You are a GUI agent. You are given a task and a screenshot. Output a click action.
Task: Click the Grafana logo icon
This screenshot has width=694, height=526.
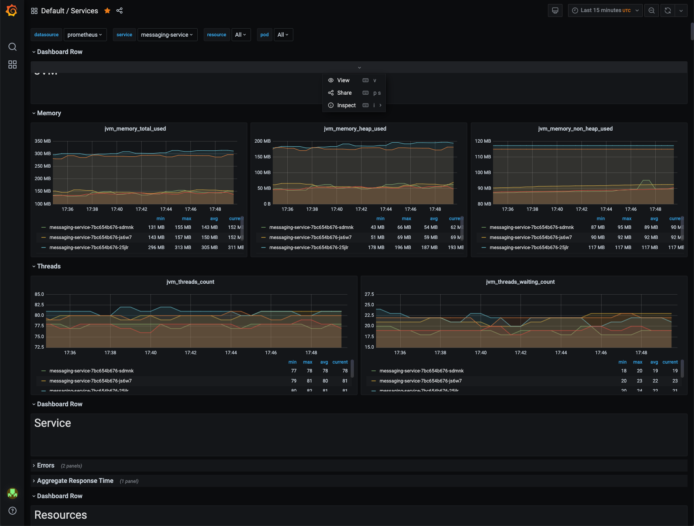12,10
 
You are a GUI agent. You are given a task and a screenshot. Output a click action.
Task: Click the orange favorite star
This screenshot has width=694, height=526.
107,11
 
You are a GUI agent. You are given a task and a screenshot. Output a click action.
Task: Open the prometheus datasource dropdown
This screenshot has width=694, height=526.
85,35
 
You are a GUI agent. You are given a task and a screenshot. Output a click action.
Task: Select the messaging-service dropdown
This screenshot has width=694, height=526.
167,35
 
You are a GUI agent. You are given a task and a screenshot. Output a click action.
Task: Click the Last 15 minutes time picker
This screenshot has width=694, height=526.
605,10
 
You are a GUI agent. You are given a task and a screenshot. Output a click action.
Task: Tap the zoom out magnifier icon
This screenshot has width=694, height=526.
651,10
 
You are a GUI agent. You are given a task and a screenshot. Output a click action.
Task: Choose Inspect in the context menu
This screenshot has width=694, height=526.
346,105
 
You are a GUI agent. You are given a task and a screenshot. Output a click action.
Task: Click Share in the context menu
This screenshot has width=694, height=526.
344,93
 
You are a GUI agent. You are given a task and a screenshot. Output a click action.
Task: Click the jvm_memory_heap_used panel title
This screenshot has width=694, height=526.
355,129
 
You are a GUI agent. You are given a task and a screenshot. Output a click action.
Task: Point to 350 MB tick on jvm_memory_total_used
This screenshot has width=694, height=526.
43,141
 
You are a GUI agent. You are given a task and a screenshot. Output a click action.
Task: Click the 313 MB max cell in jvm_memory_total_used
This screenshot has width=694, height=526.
183,247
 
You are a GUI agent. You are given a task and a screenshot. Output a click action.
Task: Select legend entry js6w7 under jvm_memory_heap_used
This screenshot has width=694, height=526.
310,237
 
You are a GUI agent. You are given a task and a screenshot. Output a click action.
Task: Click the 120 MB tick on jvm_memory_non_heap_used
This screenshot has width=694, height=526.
483,141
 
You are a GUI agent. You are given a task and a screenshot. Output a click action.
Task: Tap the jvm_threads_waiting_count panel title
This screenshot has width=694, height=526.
520,282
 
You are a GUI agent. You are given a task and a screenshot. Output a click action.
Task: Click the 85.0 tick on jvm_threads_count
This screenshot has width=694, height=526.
39,294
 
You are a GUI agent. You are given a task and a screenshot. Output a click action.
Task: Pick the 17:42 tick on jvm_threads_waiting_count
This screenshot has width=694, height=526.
520,353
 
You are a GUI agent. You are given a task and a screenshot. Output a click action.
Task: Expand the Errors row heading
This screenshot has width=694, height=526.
46,466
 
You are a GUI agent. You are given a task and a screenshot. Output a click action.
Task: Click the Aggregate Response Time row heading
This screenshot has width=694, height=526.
75,481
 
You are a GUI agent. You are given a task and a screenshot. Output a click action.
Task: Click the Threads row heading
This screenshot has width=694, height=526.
49,266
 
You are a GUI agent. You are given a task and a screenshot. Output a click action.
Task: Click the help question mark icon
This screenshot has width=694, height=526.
13,511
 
